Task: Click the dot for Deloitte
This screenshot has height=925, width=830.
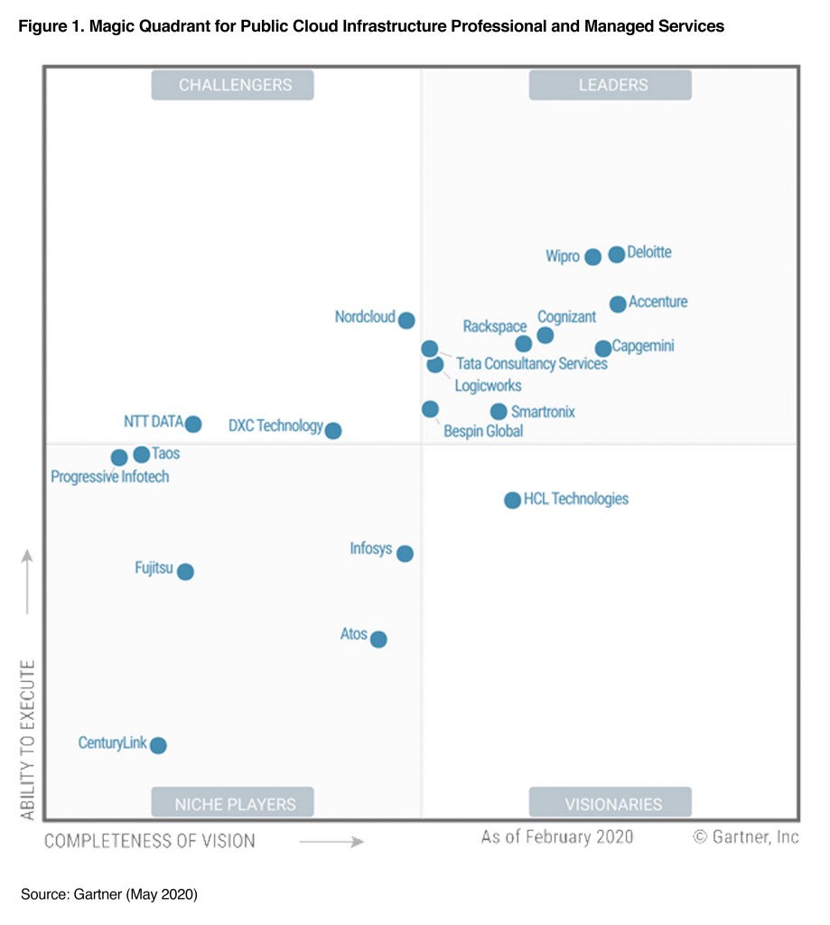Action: click(616, 255)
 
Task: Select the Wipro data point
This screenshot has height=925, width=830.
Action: click(592, 257)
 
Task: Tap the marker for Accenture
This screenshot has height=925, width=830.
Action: click(618, 304)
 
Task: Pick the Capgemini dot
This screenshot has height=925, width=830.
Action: click(603, 349)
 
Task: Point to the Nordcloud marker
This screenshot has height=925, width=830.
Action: click(406, 320)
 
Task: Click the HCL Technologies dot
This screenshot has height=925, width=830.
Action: click(512, 500)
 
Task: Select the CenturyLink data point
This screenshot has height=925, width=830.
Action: click(158, 745)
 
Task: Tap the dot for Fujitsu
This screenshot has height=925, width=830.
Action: click(185, 572)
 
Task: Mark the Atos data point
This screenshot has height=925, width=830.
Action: click(378, 640)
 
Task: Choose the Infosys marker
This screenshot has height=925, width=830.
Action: click(405, 554)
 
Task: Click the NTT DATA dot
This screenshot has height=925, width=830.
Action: click(192, 424)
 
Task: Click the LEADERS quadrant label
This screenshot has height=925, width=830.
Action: click(611, 85)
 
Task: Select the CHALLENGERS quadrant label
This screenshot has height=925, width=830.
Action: click(232, 85)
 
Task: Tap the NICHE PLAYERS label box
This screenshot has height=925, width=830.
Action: click(232, 803)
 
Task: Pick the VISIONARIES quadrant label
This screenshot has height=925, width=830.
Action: click(611, 803)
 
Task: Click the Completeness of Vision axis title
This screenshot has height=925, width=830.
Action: click(150, 841)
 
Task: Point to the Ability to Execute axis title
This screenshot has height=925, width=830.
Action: click(28, 740)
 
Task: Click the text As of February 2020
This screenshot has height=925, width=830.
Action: click(557, 836)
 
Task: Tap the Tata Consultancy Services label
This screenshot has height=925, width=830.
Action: click(532, 365)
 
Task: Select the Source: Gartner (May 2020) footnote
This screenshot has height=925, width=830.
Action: click(109, 894)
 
